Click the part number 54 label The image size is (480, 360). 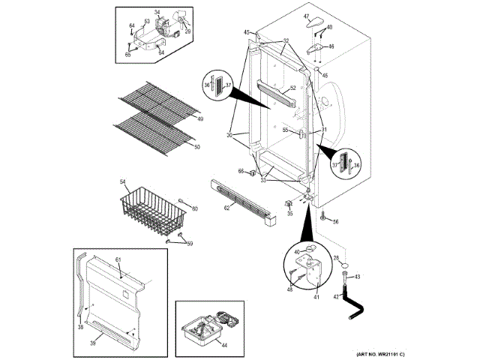tap(123, 182)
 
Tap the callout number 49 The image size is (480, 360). tap(199, 118)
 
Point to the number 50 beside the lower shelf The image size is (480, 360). tap(197, 147)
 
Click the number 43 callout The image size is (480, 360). tap(357, 277)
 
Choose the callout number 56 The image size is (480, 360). tap(335, 222)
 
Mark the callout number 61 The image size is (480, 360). tap(118, 259)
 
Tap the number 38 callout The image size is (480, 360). tap(80, 326)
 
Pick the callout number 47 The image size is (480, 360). tap(307, 16)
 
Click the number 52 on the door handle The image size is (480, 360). tap(283, 88)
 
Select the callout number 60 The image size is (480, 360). tap(194, 208)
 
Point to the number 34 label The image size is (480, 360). tap(157, 13)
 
